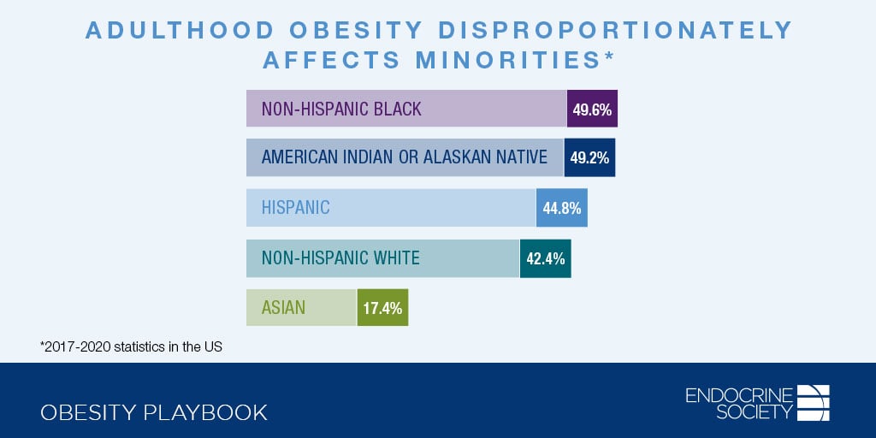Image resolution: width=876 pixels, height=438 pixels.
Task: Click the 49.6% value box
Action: point(592,109)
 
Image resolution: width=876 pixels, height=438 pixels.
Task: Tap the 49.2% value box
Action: point(589,157)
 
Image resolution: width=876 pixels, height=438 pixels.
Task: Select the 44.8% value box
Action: point(562,208)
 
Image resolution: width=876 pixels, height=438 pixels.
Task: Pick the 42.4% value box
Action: point(545,258)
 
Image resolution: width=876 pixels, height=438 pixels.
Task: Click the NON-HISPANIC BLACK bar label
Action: point(341,109)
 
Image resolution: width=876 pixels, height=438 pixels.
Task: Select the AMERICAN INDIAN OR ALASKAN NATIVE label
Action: point(405,157)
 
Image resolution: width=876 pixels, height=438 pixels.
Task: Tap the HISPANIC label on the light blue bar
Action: point(295,208)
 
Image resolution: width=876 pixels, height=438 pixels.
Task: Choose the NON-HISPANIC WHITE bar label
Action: point(340,258)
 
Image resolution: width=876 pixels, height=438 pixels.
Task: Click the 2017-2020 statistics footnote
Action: point(131,347)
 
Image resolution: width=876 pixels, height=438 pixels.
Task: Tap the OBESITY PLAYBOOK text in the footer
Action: point(154,412)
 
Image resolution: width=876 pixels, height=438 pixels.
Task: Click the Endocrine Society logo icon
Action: point(814,403)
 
